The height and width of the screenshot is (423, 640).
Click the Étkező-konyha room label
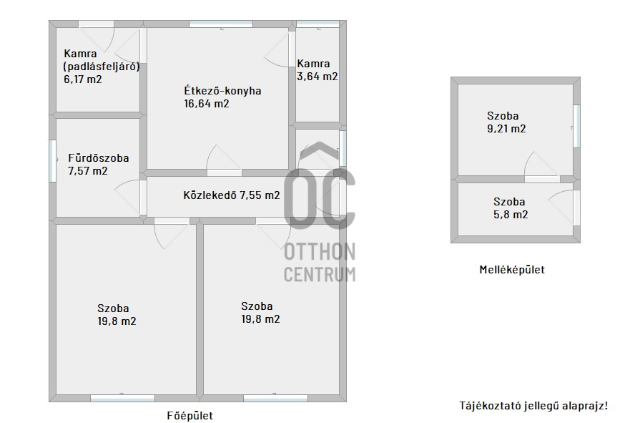click(x=222, y=90)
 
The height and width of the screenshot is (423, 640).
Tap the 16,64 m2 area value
click(x=207, y=103)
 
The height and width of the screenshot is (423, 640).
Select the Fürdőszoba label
click(x=99, y=157)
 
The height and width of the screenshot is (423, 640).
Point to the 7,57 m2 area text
click(x=88, y=170)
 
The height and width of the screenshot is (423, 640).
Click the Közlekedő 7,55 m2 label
click(x=232, y=195)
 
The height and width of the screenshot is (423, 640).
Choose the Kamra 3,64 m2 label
click(x=317, y=70)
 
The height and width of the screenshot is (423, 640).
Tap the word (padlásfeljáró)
click(x=102, y=67)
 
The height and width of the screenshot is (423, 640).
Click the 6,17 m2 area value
click(x=83, y=79)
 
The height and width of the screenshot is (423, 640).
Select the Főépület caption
click(x=189, y=416)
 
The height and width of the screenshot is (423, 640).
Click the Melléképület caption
click(x=512, y=269)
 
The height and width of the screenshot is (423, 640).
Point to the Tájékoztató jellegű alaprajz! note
click(x=533, y=405)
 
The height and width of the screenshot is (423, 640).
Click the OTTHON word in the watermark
click(x=320, y=251)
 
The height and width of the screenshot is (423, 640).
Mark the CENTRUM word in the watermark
click(x=320, y=274)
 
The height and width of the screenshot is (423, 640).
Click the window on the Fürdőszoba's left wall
click(x=52, y=160)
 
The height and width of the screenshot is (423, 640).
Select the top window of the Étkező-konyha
click(x=221, y=24)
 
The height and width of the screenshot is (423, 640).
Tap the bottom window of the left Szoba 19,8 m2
click(x=122, y=398)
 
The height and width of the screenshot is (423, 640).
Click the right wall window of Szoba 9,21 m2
click(x=577, y=126)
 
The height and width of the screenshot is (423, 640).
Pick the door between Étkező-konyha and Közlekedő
click(x=224, y=172)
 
